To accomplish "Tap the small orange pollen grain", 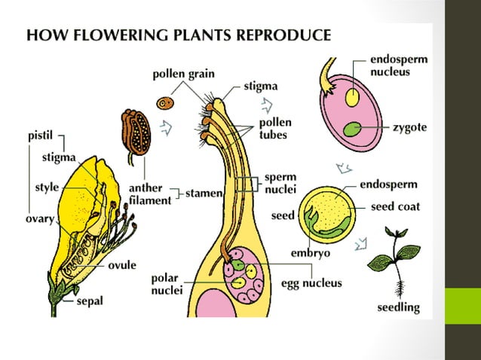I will pyautogui.click(x=166, y=102).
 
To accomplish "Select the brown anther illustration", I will pyautogui.click(x=136, y=133).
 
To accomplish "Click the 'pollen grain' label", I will pyautogui.click(x=183, y=74).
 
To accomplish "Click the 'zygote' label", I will pyautogui.click(x=409, y=128).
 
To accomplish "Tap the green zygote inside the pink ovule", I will pyautogui.click(x=351, y=129).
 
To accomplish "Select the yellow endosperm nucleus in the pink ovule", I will pyautogui.click(x=352, y=96).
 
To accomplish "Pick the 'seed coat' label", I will pyautogui.click(x=394, y=206).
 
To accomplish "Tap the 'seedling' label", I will pyautogui.click(x=398, y=307).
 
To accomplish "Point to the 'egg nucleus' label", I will pyautogui.click(x=311, y=283).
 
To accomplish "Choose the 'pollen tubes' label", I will pyautogui.click(x=275, y=128).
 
